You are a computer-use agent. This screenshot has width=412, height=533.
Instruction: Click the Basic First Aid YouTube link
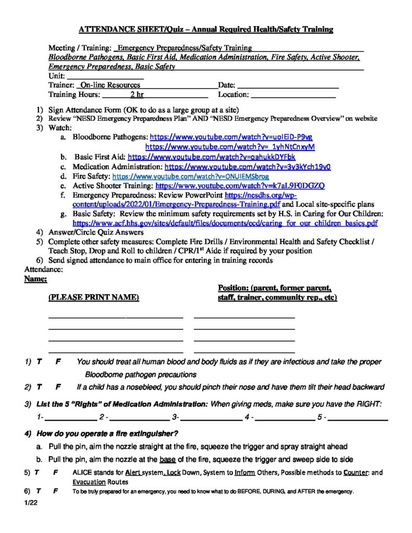coord(211,157)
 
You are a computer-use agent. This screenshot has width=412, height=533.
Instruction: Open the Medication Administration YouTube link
coord(247,167)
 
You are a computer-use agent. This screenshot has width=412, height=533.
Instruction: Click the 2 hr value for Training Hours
coord(137,95)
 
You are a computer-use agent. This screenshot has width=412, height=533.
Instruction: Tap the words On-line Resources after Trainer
coord(110,85)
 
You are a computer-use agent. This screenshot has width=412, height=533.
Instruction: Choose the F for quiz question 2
coord(58,387)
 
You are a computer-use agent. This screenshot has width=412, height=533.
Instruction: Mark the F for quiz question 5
coord(55,473)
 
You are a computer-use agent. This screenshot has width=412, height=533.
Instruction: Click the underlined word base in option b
coord(167,459)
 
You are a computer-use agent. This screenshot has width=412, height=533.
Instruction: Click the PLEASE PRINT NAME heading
coord(94,297)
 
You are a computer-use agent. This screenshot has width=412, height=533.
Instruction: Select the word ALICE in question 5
coord(82,473)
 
